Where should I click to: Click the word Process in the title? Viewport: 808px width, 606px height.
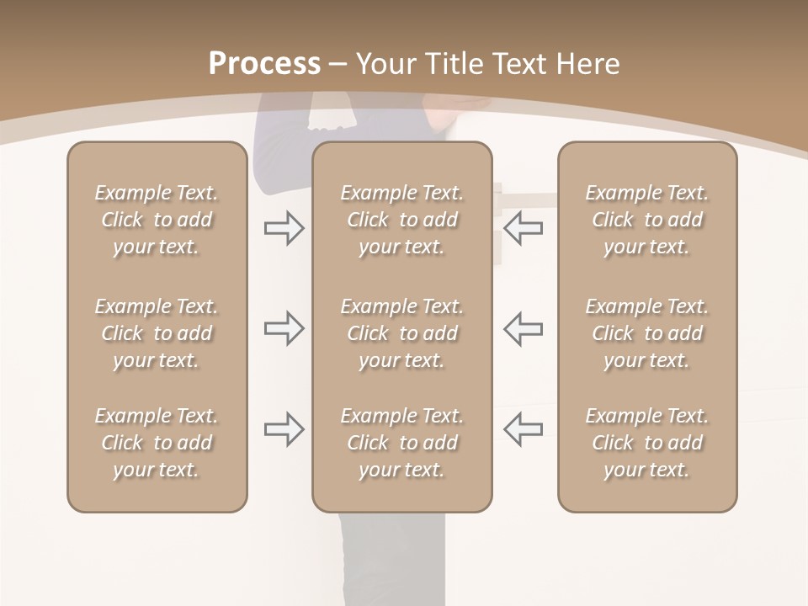pyautogui.click(x=264, y=64)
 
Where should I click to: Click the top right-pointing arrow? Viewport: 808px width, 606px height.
pyautogui.click(x=284, y=228)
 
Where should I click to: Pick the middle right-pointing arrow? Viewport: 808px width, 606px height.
pyautogui.click(x=284, y=328)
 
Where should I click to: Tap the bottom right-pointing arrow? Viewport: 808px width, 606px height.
pyautogui.click(x=284, y=429)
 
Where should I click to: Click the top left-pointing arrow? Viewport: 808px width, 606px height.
pyautogui.click(x=524, y=228)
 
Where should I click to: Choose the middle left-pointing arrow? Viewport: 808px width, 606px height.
pyautogui.click(x=524, y=328)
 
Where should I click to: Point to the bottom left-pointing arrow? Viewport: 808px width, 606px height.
pyautogui.click(x=524, y=429)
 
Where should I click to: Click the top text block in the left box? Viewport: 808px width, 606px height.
pyautogui.click(x=157, y=220)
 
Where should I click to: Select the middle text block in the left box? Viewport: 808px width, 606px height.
pyautogui.click(x=157, y=333)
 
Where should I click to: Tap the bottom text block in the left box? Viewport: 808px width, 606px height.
pyautogui.click(x=157, y=443)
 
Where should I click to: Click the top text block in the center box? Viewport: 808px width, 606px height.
pyautogui.click(x=401, y=220)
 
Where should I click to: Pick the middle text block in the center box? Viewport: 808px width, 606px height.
pyautogui.click(x=401, y=333)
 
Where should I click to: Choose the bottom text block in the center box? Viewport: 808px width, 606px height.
pyautogui.click(x=401, y=443)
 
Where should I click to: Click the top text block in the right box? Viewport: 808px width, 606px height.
pyautogui.click(x=646, y=220)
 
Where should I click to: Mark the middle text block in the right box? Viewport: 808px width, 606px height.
pyautogui.click(x=646, y=333)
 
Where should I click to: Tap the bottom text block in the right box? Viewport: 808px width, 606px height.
pyautogui.click(x=646, y=443)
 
